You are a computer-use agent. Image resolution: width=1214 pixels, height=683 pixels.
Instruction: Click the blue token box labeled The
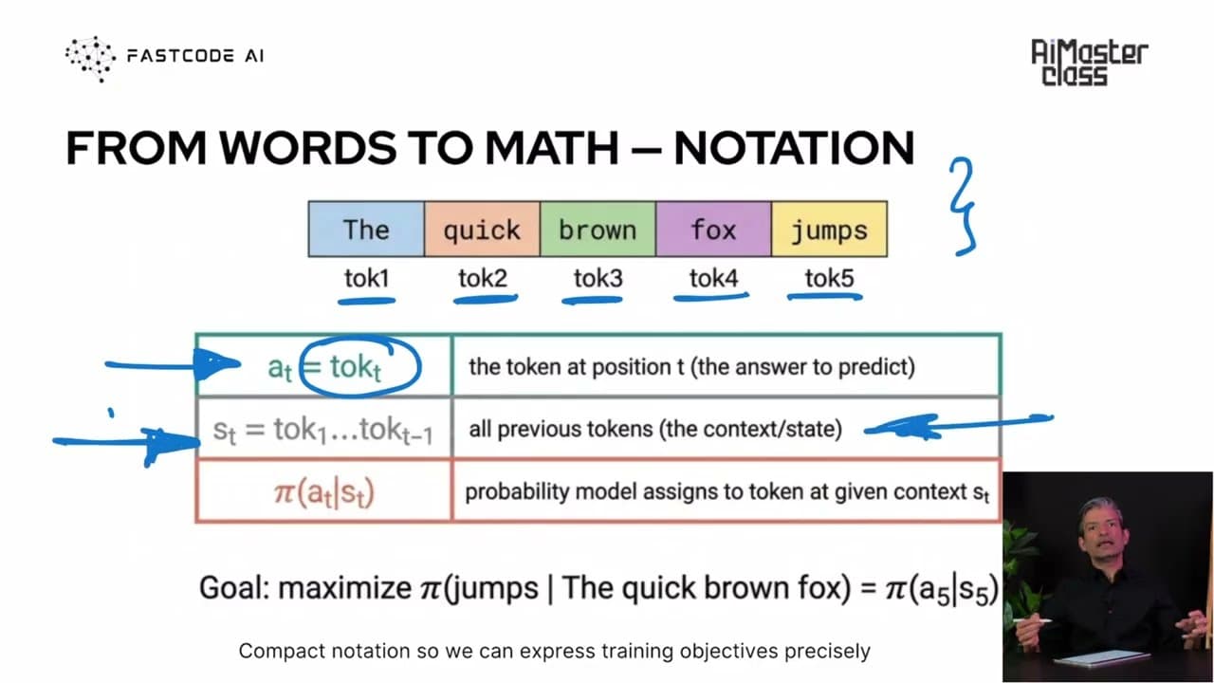pos(366,229)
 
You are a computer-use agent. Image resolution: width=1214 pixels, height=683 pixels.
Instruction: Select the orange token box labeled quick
pos(482,229)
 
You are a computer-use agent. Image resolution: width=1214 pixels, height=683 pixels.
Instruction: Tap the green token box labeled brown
pos(598,229)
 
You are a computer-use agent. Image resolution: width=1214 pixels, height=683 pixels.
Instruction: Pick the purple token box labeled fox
pos(713,229)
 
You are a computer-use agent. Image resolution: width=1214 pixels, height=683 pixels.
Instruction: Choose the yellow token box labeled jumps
pos(829,229)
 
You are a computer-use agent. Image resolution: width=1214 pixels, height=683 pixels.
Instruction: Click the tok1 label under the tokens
pos(367,279)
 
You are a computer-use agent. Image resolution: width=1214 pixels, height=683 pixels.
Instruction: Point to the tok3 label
pos(598,279)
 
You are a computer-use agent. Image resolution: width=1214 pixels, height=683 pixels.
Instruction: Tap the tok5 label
pos(829,279)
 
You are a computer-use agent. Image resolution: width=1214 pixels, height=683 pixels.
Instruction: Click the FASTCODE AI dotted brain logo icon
pos(90,59)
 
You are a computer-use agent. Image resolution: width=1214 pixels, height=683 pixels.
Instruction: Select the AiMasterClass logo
pos(1089,62)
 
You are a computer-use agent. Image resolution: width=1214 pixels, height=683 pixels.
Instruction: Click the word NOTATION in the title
pos(794,147)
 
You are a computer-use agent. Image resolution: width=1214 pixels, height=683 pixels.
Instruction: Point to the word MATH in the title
pos(552,147)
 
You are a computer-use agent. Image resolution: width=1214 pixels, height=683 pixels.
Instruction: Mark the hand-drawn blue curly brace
pos(963,206)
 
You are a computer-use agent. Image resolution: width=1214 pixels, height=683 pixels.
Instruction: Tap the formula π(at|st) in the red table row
pos(324,492)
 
